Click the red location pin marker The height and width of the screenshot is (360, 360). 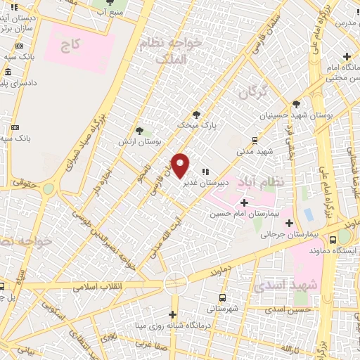[x=181, y=166]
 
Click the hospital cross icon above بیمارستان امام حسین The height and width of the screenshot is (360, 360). [x=244, y=202]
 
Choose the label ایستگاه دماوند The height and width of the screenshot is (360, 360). [x=335, y=250]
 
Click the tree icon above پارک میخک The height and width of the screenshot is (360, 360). [x=197, y=115]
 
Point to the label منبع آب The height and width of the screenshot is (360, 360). [x=112, y=12]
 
